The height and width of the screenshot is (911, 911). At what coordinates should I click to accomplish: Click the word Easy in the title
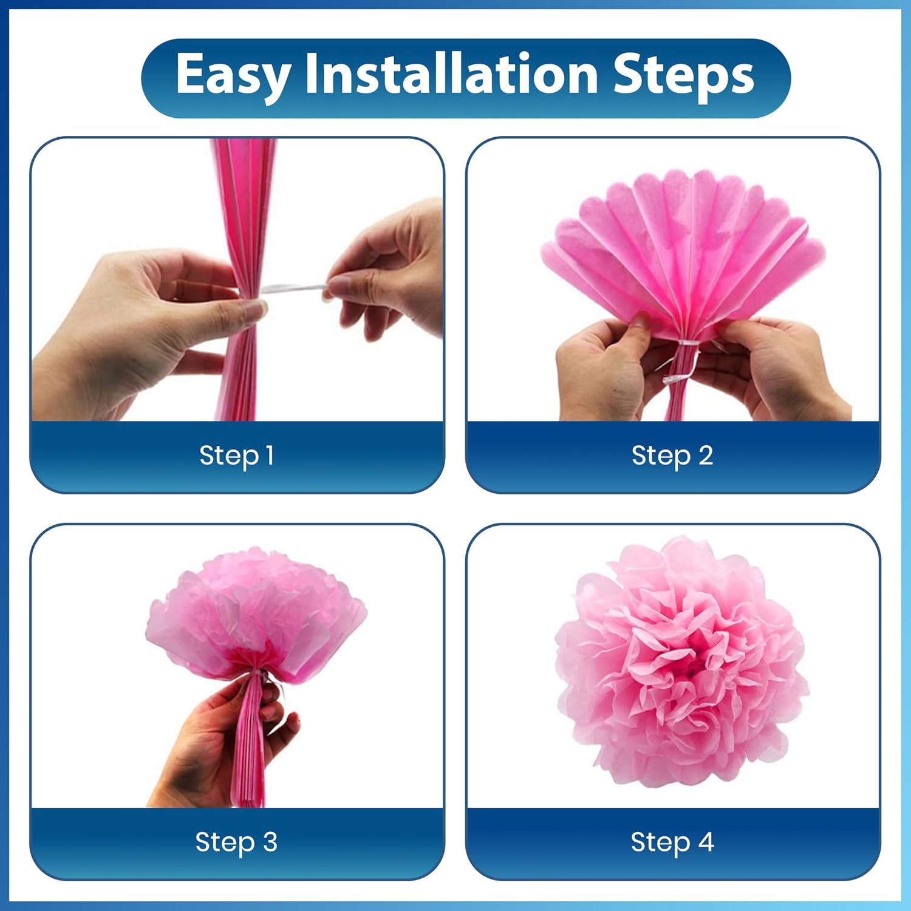233,75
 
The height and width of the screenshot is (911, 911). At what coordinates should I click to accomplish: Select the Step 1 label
237,455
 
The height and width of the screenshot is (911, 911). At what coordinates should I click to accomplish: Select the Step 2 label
672,455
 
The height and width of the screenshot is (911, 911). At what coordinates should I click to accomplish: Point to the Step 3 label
236,842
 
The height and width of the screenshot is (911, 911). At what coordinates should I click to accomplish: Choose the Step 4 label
672,842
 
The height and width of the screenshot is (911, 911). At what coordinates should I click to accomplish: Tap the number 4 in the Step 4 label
706,842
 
